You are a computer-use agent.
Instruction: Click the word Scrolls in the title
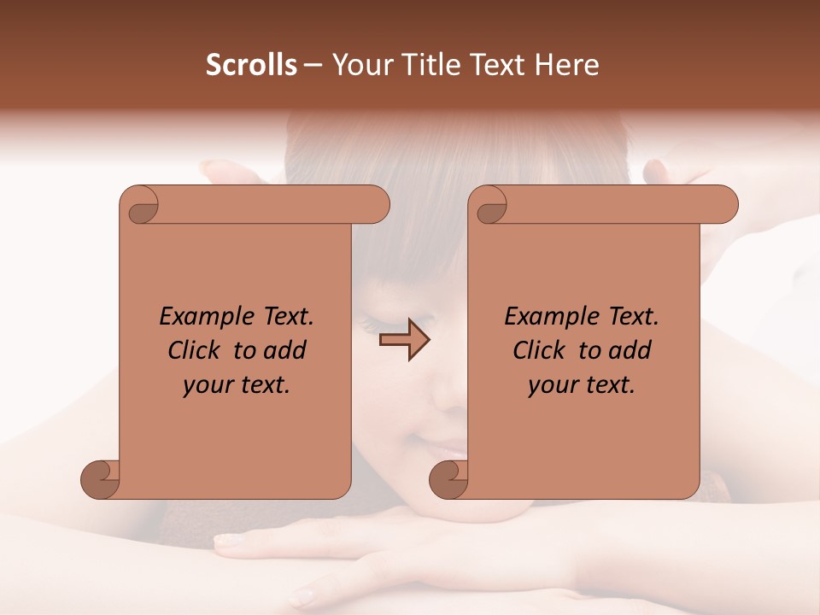click(251, 65)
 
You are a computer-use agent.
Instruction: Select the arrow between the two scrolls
click(405, 340)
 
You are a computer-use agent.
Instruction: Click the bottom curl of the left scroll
click(101, 479)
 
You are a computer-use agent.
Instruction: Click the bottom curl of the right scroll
click(448, 479)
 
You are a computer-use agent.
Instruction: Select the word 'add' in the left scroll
click(284, 350)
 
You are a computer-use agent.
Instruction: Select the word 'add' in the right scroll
click(630, 350)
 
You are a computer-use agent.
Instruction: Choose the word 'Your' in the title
click(359, 65)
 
